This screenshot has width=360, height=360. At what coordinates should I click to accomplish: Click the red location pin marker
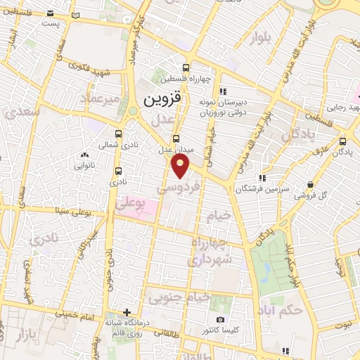(x=181, y=166)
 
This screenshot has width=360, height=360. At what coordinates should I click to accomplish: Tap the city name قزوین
(x=162, y=100)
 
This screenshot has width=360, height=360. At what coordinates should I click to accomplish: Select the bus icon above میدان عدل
(x=176, y=139)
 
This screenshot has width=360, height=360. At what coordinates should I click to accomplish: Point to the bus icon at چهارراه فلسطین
(x=185, y=68)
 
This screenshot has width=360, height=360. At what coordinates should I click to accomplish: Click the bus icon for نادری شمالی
(x=117, y=133)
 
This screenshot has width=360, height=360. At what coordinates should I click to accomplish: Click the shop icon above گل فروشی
(x=311, y=184)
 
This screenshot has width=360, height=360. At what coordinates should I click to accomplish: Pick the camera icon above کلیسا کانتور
(x=220, y=320)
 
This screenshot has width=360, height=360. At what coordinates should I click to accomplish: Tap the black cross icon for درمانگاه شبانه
(x=127, y=311)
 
